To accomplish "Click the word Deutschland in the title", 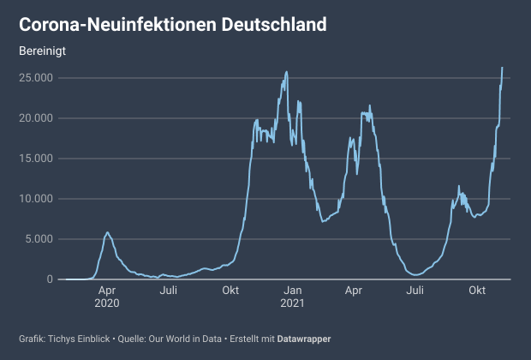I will (274, 24).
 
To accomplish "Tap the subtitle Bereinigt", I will (43, 50).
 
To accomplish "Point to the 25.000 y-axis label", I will (36, 78).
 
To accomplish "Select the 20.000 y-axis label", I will (36, 118).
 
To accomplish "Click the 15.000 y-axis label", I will (36, 159).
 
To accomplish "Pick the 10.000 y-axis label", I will (36, 199).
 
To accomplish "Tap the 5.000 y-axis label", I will (39, 239).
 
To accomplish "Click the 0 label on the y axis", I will (50, 279).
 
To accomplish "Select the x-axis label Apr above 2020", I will (107, 291).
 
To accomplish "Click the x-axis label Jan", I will (292, 291).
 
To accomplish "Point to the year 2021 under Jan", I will (292, 303).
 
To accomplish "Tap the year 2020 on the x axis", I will (107, 303).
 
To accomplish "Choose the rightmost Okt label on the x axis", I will (477, 291).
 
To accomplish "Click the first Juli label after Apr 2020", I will (169, 291).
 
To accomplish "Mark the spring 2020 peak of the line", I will (107, 232).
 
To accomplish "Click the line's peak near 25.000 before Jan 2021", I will (286, 71).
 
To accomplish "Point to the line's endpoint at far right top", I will (502, 67).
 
